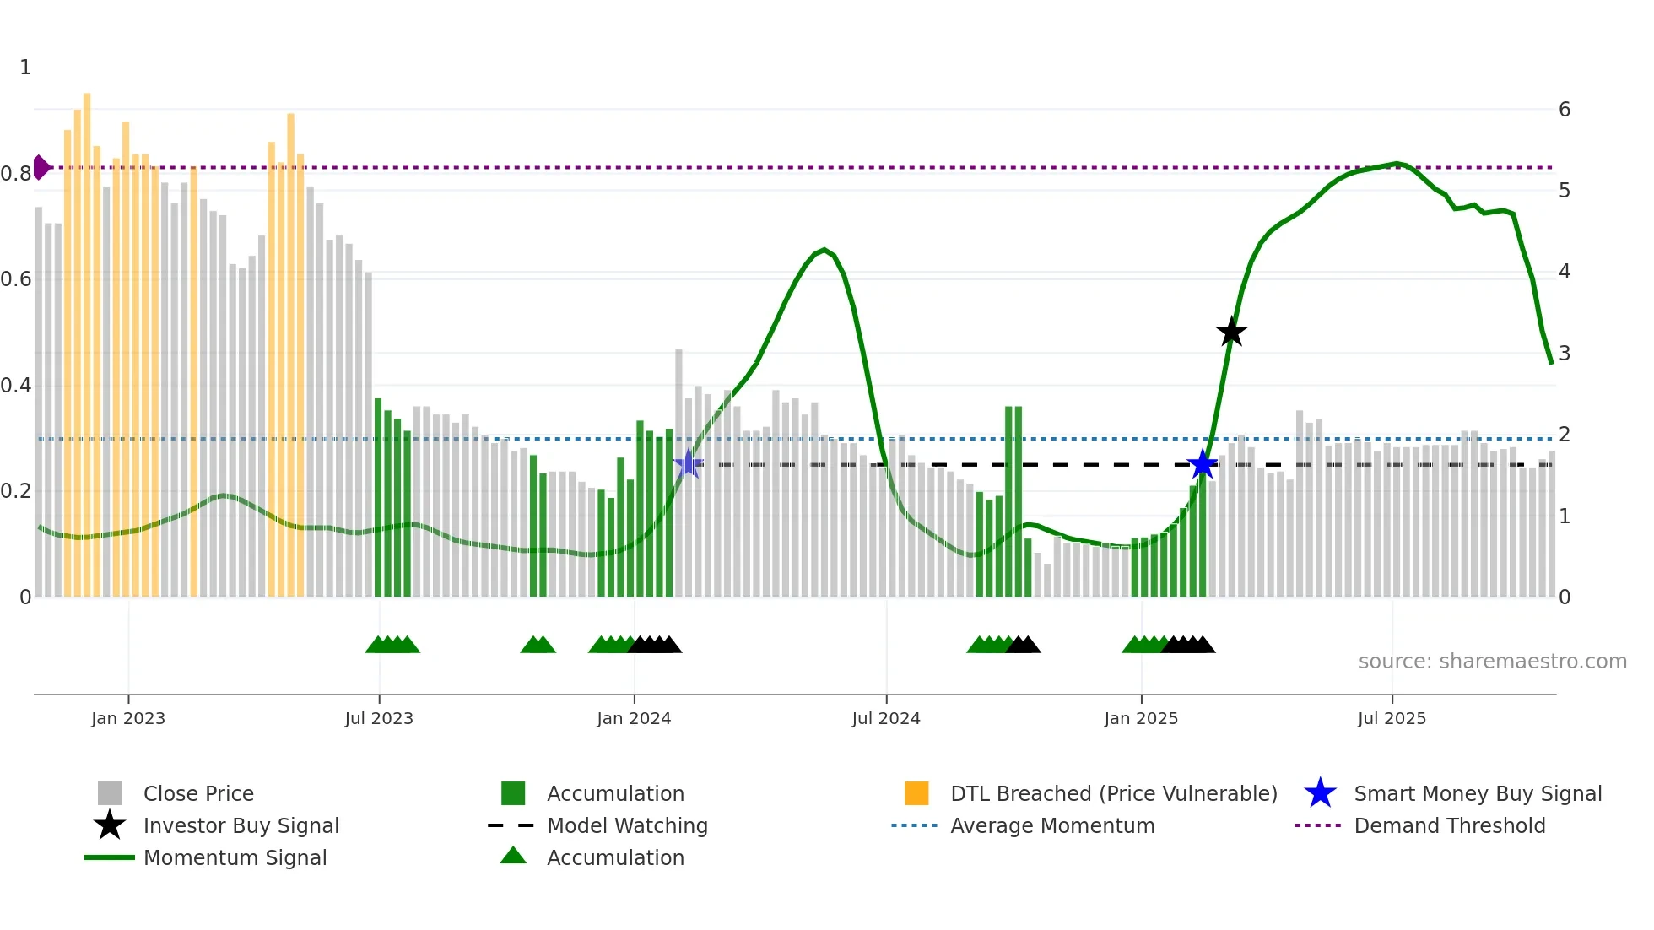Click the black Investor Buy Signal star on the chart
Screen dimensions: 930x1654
[1231, 332]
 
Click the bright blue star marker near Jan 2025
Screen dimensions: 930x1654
[1202, 464]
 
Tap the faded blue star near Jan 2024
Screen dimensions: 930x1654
[689, 463]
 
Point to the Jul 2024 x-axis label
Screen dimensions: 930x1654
[885, 718]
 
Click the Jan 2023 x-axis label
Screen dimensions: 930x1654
[128, 718]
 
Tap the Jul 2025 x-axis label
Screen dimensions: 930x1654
[1392, 718]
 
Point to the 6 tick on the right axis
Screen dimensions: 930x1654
[1564, 110]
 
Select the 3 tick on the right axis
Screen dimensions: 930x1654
[1564, 354]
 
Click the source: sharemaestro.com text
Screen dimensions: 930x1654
[1492, 662]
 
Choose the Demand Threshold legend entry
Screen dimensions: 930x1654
[1449, 825]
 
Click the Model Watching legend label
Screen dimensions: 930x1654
[627, 825]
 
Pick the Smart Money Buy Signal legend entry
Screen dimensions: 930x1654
[1477, 793]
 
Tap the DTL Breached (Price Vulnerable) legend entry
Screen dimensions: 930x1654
[1113, 793]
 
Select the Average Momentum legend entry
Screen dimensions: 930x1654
[1051, 825]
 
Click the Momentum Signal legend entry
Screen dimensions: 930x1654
[235, 857]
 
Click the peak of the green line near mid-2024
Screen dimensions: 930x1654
[824, 250]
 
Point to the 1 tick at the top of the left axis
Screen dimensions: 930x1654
[25, 68]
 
